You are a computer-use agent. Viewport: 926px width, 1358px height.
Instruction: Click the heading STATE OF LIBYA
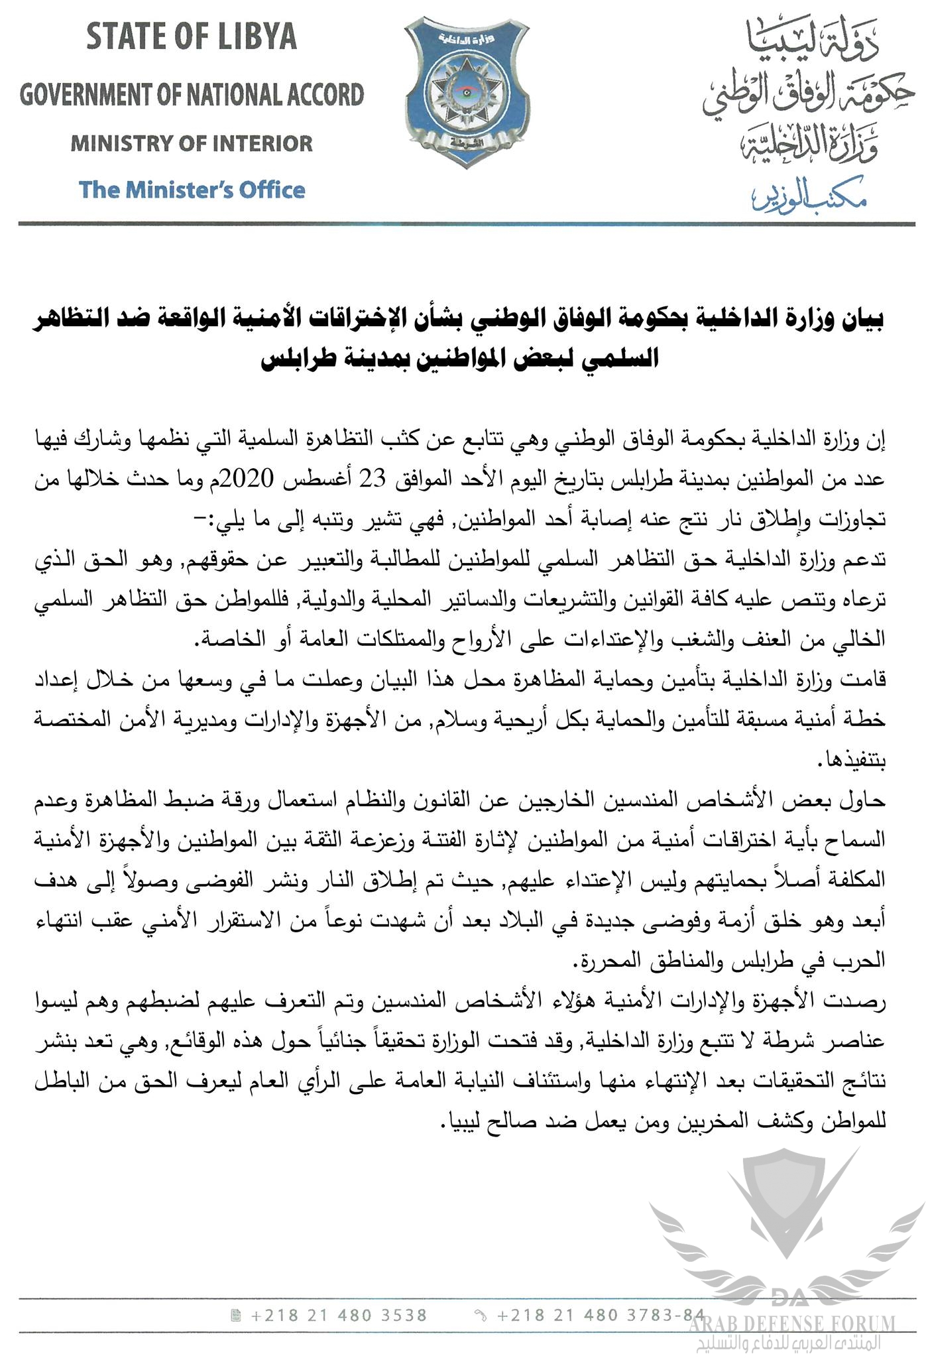point(191,38)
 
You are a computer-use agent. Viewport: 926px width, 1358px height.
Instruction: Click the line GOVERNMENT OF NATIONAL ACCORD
point(192,95)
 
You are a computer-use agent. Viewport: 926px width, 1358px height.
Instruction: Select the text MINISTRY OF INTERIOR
point(192,143)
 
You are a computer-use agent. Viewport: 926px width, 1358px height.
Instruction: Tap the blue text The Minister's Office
point(192,190)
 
